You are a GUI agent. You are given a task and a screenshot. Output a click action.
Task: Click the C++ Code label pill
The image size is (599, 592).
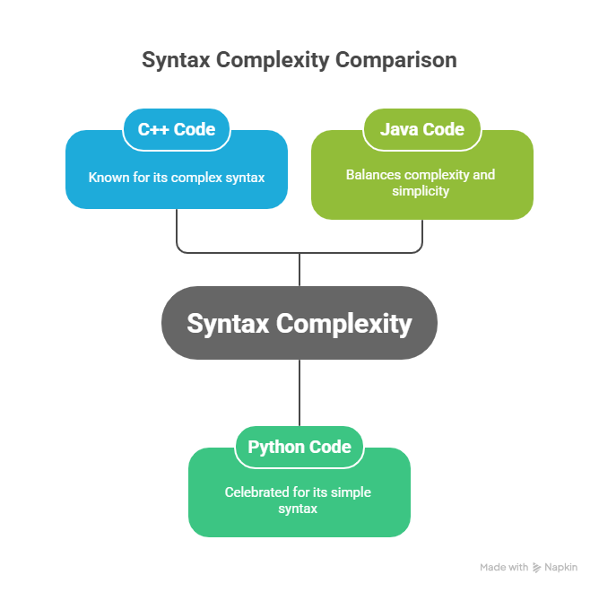tap(176, 129)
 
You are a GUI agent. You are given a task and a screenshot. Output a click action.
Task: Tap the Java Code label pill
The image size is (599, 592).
tap(421, 129)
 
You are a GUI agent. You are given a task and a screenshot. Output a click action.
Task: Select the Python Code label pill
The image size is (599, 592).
tap(299, 447)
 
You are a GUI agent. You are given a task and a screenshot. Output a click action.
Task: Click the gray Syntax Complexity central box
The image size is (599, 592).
tap(299, 323)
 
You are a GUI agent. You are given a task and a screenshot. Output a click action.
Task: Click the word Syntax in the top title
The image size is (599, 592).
tap(177, 60)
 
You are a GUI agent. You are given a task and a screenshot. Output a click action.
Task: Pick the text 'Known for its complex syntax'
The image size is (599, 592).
tap(176, 178)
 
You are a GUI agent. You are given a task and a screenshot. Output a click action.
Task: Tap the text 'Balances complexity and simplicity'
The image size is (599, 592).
tap(421, 183)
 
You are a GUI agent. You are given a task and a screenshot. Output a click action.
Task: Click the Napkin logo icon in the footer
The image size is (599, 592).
tap(536, 568)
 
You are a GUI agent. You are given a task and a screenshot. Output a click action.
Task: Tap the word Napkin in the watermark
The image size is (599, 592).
tap(561, 568)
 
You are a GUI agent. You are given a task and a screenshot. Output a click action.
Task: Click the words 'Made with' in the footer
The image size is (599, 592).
tap(504, 568)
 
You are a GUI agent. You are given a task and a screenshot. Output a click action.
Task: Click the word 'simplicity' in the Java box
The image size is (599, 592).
tap(421, 191)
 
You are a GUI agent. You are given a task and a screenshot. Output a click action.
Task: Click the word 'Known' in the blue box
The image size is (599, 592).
tap(106, 178)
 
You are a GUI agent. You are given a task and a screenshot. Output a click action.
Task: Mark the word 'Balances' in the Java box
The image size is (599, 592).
tap(371, 175)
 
